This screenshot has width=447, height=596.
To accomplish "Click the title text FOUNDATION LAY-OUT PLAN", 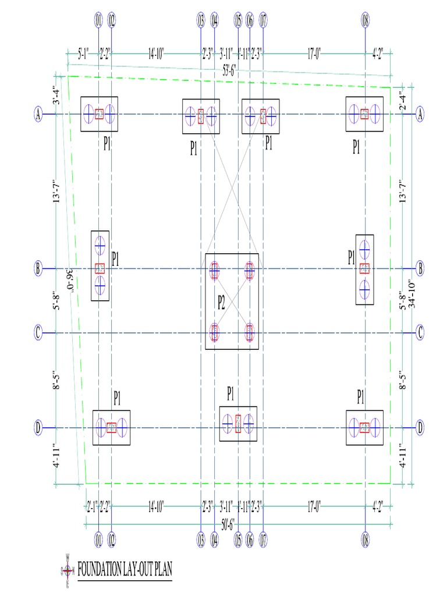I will [125, 569].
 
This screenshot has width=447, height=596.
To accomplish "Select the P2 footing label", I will [221, 302].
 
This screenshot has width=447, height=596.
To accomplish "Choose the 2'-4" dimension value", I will [401, 97].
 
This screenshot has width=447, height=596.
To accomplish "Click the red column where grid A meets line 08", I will [364, 114].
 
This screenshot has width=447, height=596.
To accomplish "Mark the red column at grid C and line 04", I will [214, 332].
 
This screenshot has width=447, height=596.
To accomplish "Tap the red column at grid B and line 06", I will [250, 269].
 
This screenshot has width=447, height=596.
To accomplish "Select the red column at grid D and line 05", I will [237, 424].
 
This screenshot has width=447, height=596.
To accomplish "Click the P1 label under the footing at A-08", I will [356, 148].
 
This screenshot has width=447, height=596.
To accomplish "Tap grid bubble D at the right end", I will [420, 428].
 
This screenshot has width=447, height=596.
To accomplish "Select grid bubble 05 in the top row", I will [237, 22].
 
